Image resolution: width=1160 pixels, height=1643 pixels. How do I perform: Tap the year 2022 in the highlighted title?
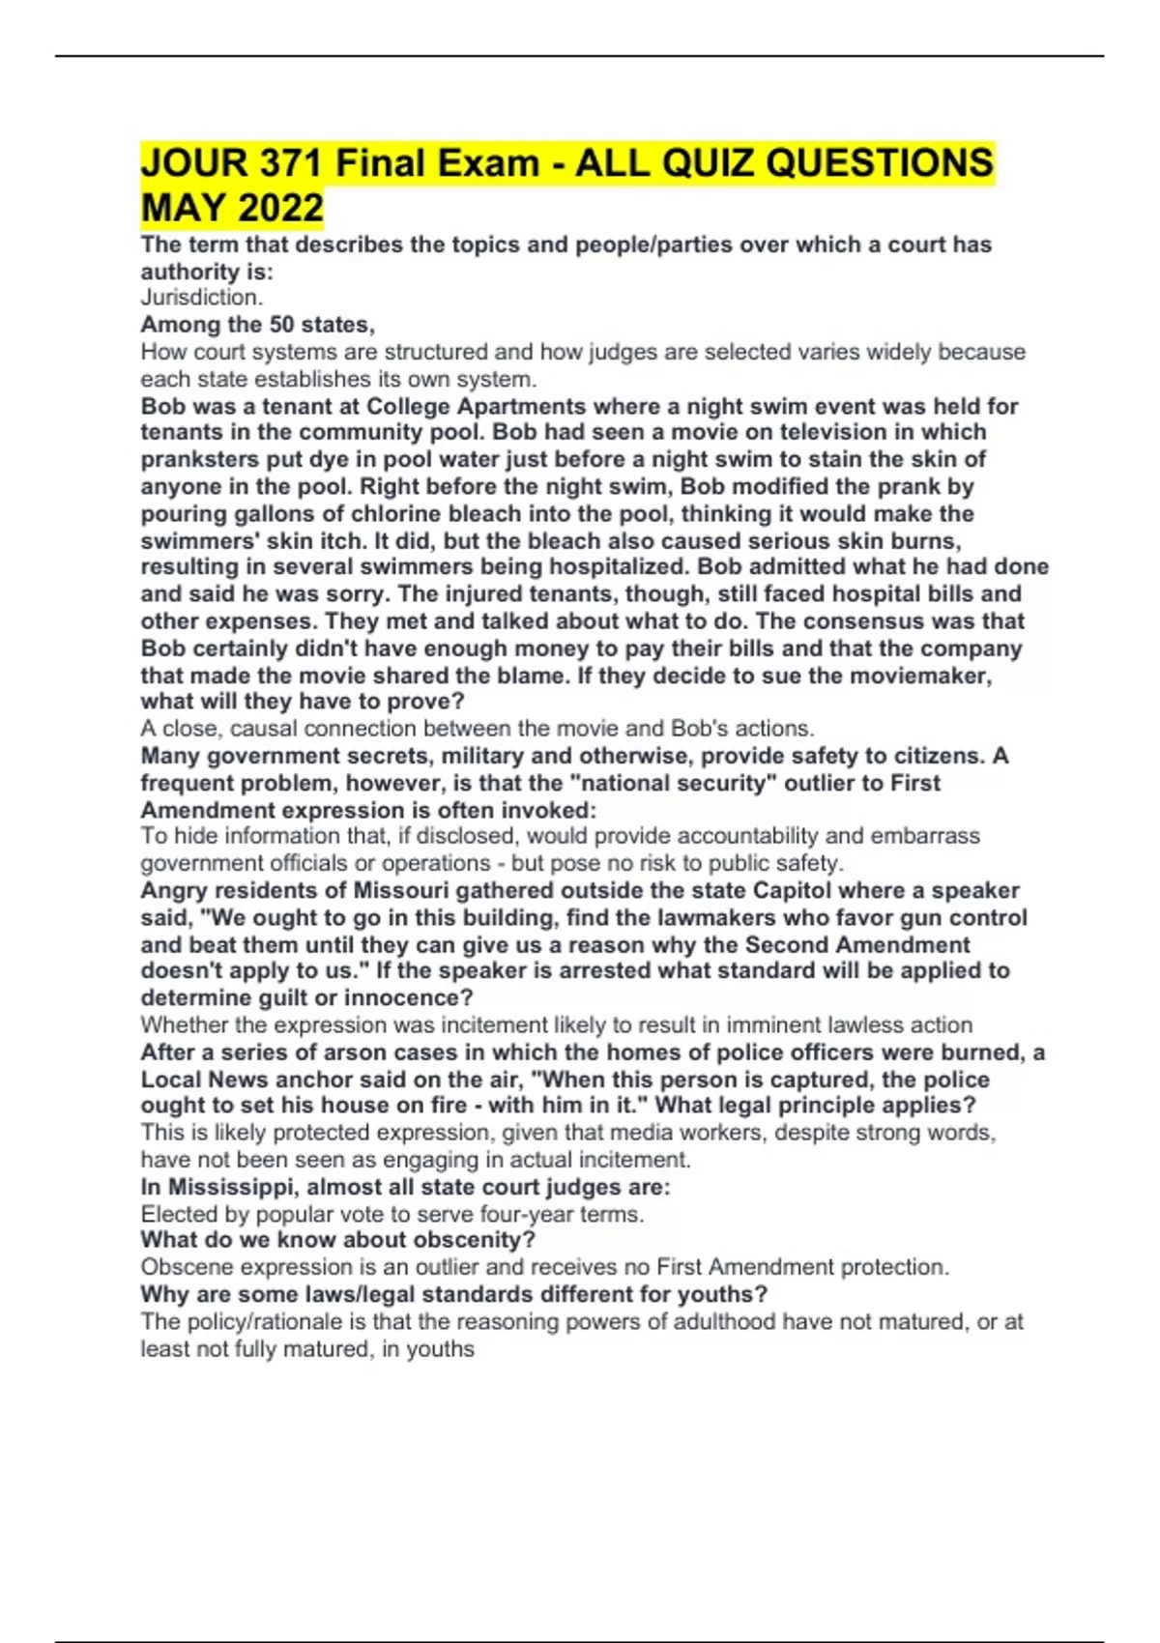(279, 208)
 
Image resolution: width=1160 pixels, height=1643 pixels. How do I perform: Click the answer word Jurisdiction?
(201, 298)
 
